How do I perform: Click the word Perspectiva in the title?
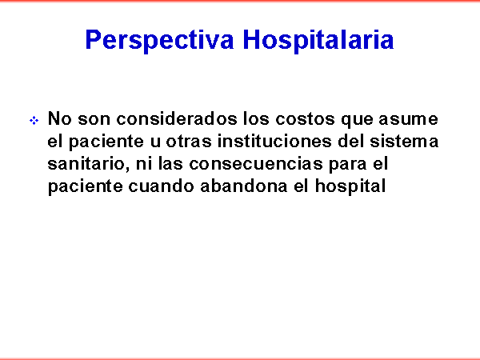point(159,40)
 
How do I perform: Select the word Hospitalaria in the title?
point(318,40)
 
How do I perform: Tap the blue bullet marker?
point(34,121)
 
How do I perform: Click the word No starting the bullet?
point(60,118)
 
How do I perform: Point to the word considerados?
point(177,118)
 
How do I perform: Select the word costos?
point(306,118)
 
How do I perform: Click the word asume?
point(408,118)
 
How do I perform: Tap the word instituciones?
point(274,141)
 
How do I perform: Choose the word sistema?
point(404,141)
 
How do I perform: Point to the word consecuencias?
point(256,164)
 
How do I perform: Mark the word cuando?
point(161,186)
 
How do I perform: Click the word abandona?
point(244,186)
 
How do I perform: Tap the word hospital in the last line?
point(350,186)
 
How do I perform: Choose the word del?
point(351,141)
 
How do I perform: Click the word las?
point(170,164)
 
